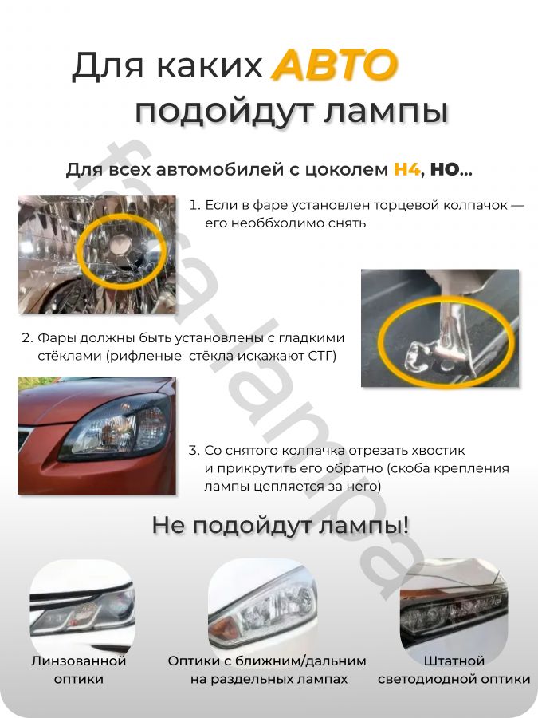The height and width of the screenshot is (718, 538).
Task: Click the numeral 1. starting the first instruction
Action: pos(194,205)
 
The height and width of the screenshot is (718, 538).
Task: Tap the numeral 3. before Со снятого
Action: pos(194,451)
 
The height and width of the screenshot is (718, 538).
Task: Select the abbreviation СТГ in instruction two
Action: pos(321,356)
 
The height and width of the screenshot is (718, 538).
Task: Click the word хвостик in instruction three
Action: pos(434,451)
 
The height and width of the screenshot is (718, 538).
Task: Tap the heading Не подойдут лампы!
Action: pos(281,526)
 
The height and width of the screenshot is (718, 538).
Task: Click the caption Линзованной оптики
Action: pos(79,670)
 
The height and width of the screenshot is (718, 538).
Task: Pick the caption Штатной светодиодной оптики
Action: pos(454,670)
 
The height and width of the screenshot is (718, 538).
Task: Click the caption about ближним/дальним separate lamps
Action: pos(268,670)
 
